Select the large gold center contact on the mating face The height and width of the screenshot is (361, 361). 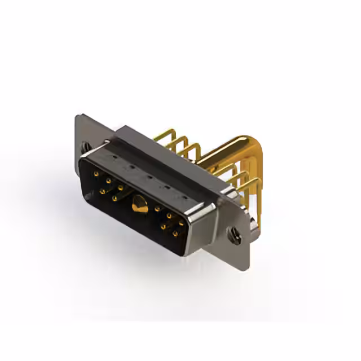[x=137, y=205]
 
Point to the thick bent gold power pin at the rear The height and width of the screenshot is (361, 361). [x=237, y=148]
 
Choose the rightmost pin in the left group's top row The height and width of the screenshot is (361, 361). [x=120, y=187]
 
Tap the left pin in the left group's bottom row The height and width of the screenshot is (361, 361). [x=102, y=191]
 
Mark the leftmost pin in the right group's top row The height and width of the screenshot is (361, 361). [x=157, y=209]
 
